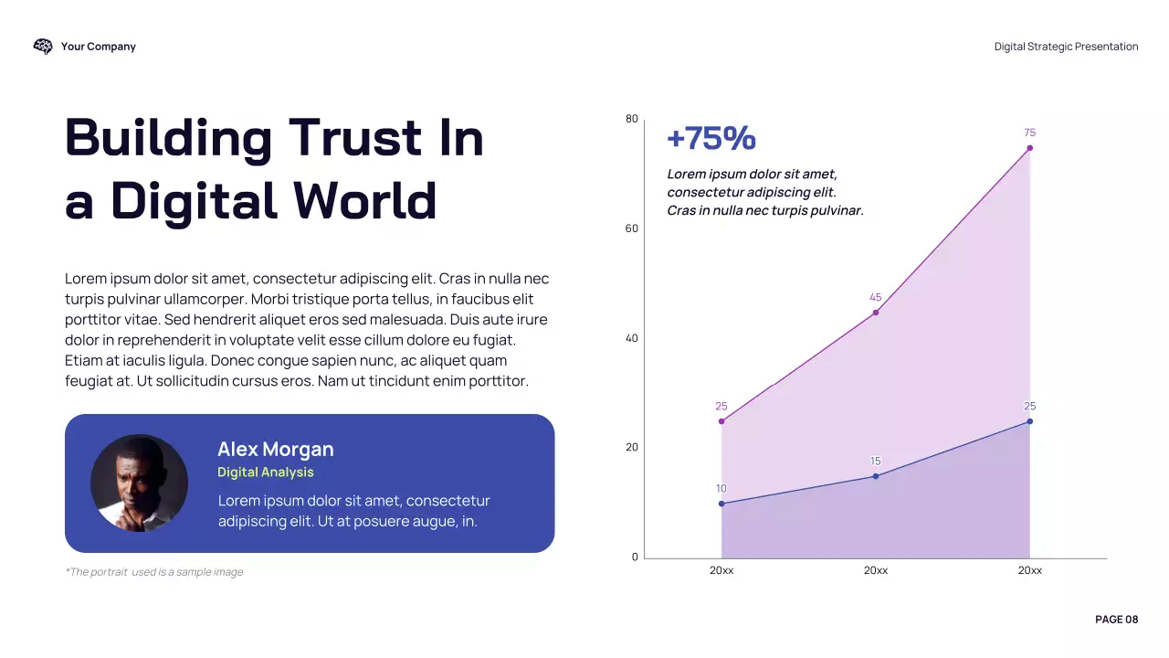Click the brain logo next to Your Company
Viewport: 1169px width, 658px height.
(x=43, y=47)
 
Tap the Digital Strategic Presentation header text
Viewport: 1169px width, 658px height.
(x=1066, y=47)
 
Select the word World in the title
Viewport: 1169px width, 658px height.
(x=364, y=200)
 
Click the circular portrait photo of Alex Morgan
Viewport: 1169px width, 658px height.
(x=139, y=483)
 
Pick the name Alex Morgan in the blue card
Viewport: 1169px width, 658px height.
(x=275, y=450)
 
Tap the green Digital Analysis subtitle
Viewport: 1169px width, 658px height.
(x=265, y=472)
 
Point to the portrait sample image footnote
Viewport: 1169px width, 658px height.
(x=153, y=572)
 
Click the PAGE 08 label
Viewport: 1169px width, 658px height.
(x=1116, y=620)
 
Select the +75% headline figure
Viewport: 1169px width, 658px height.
(x=711, y=139)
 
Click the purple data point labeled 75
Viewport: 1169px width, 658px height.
(x=1029, y=148)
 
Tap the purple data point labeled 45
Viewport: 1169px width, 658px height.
(x=875, y=313)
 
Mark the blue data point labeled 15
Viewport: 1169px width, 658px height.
(x=875, y=476)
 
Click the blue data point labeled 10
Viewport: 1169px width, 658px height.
(x=721, y=504)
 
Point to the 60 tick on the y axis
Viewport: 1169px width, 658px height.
(x=632, y=228)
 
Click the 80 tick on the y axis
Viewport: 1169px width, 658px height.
(x=632, y=119)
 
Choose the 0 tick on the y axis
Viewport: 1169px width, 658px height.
(x=635, y=557)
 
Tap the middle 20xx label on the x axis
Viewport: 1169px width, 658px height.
(x=875, y=570)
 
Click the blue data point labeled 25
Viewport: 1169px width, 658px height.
(x=1029, y=421)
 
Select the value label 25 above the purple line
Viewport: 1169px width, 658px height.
(x=721, y=407)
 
